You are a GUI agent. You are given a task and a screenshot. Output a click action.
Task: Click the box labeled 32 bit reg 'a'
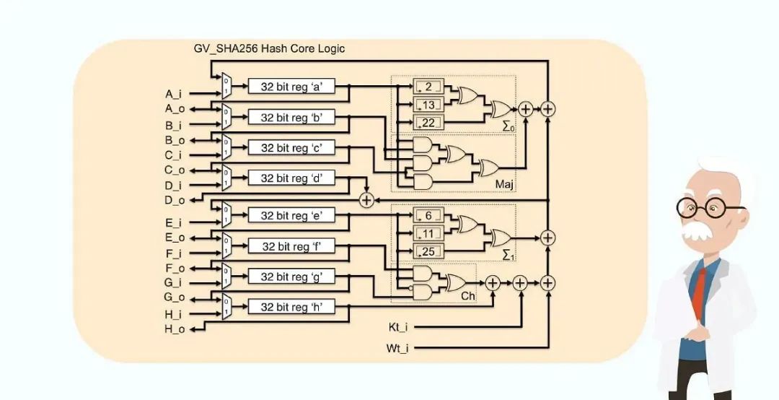coord(291,87)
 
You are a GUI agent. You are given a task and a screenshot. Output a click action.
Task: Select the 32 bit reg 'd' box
coord(291,178)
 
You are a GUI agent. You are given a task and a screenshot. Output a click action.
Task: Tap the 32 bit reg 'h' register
coord(291,307)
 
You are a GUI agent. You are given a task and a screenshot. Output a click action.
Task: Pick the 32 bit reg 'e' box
coord(291,215)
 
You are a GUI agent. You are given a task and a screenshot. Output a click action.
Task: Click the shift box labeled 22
coord(428,123)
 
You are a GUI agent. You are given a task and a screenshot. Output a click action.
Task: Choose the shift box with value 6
coord(428,216)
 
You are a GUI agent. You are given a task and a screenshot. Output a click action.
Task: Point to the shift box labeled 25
coord(428,251)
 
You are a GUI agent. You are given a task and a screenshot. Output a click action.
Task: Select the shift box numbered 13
coord(428,105)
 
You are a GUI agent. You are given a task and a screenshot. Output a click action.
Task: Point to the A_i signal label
coord(174,94)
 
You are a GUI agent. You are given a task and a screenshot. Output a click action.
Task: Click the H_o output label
coord(175,329)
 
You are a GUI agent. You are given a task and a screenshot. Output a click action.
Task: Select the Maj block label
coord(504,186)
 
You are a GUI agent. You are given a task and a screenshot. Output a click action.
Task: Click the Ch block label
coord(468,296)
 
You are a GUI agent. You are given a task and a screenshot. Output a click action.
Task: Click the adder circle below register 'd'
coord(367,200)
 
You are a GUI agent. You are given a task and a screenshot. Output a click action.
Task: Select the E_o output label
coord(175,237)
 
